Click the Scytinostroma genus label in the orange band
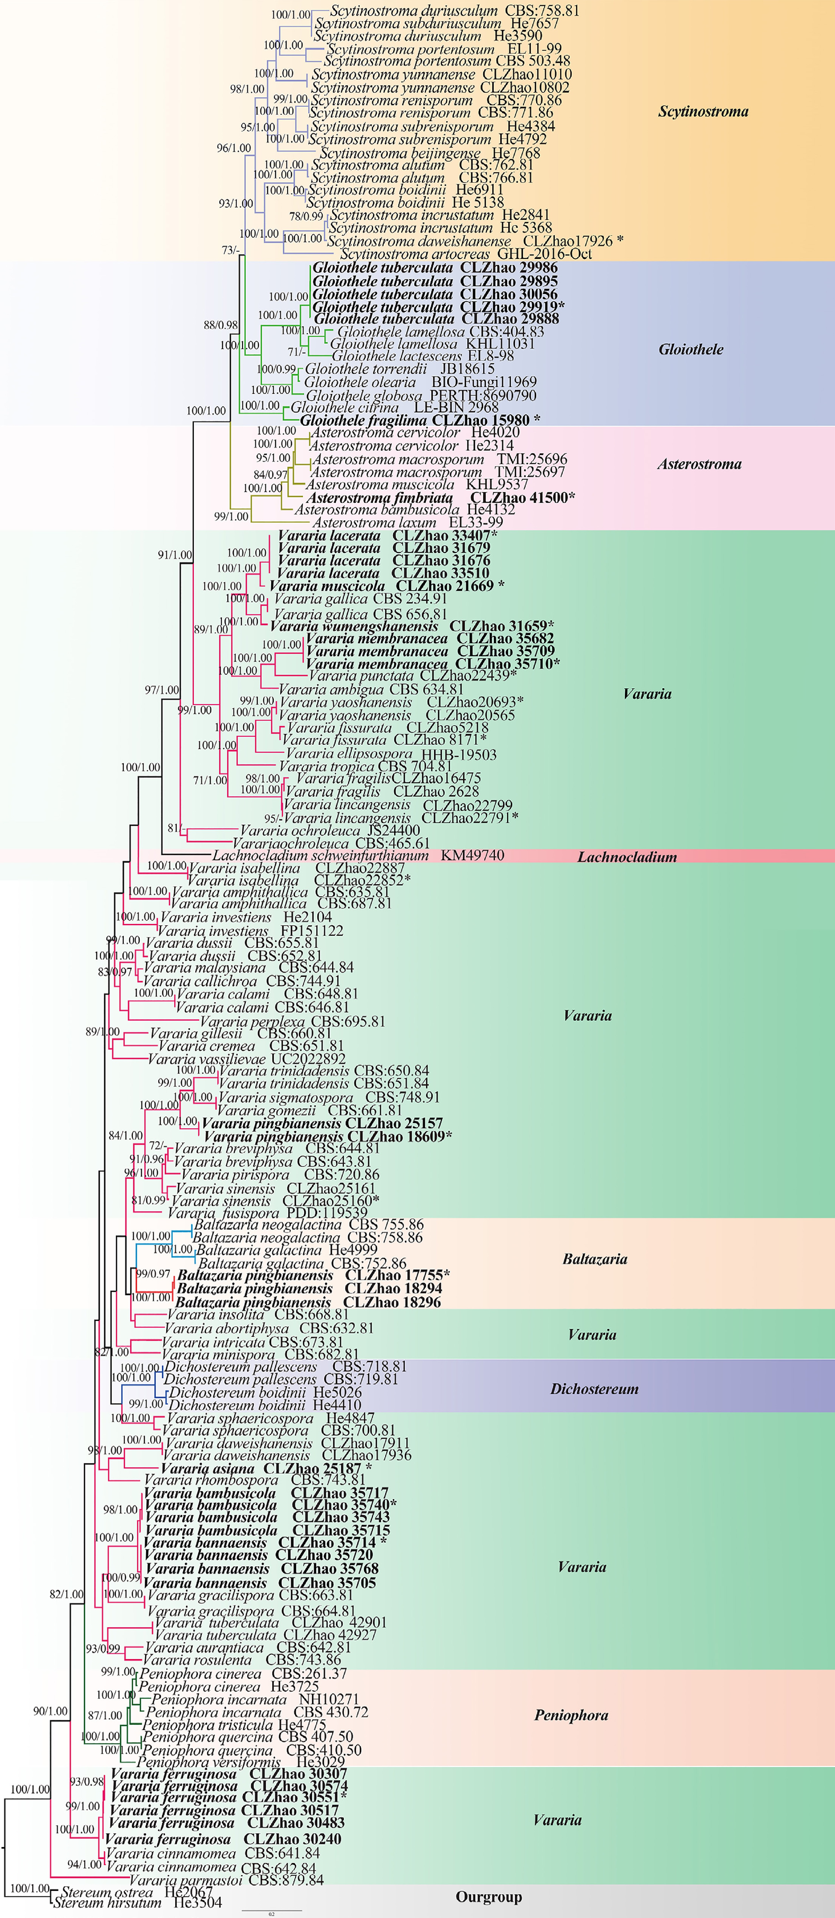703,112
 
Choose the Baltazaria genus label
594,1259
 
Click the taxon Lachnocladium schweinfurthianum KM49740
358,855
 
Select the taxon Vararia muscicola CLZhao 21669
386,586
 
